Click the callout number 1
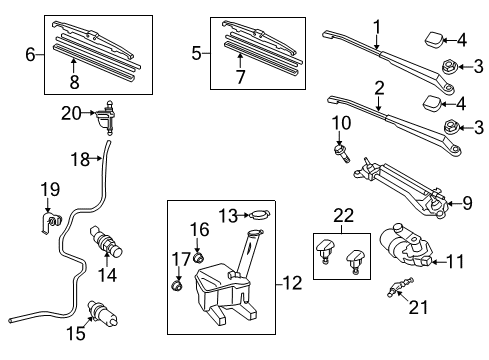click(x=376, y=26)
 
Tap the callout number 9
click(x=467, y=204)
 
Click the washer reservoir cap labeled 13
click(x=257, y=215)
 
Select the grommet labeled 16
click(x=197, y=260)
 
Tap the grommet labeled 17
click(x=178, y=287)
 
